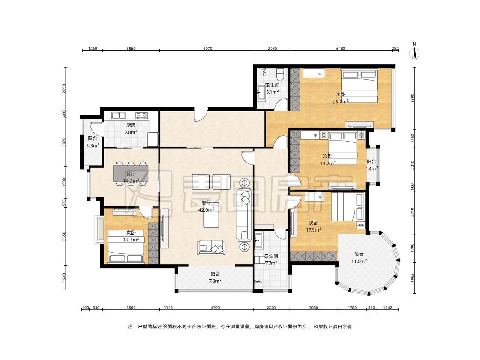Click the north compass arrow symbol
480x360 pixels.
point(414,52)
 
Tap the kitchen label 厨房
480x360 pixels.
point(131,125)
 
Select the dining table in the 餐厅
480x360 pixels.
point(131,173)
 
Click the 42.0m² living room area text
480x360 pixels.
point(207,210)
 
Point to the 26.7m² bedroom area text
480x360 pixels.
point(341,102)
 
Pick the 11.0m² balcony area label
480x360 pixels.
point(359,261)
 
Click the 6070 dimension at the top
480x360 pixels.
point(207,48)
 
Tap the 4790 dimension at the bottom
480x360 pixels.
point(215,308)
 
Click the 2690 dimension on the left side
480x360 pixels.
point(64,88)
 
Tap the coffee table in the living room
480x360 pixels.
point(212,215)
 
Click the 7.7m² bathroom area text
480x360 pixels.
point(271,263)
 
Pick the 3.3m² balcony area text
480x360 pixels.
point(93,146)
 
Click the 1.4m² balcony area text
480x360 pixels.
point(372,168)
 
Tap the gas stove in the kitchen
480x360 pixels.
point(141,115)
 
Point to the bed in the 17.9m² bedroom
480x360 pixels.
point(347,206)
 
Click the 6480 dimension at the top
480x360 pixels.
point(340,48)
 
